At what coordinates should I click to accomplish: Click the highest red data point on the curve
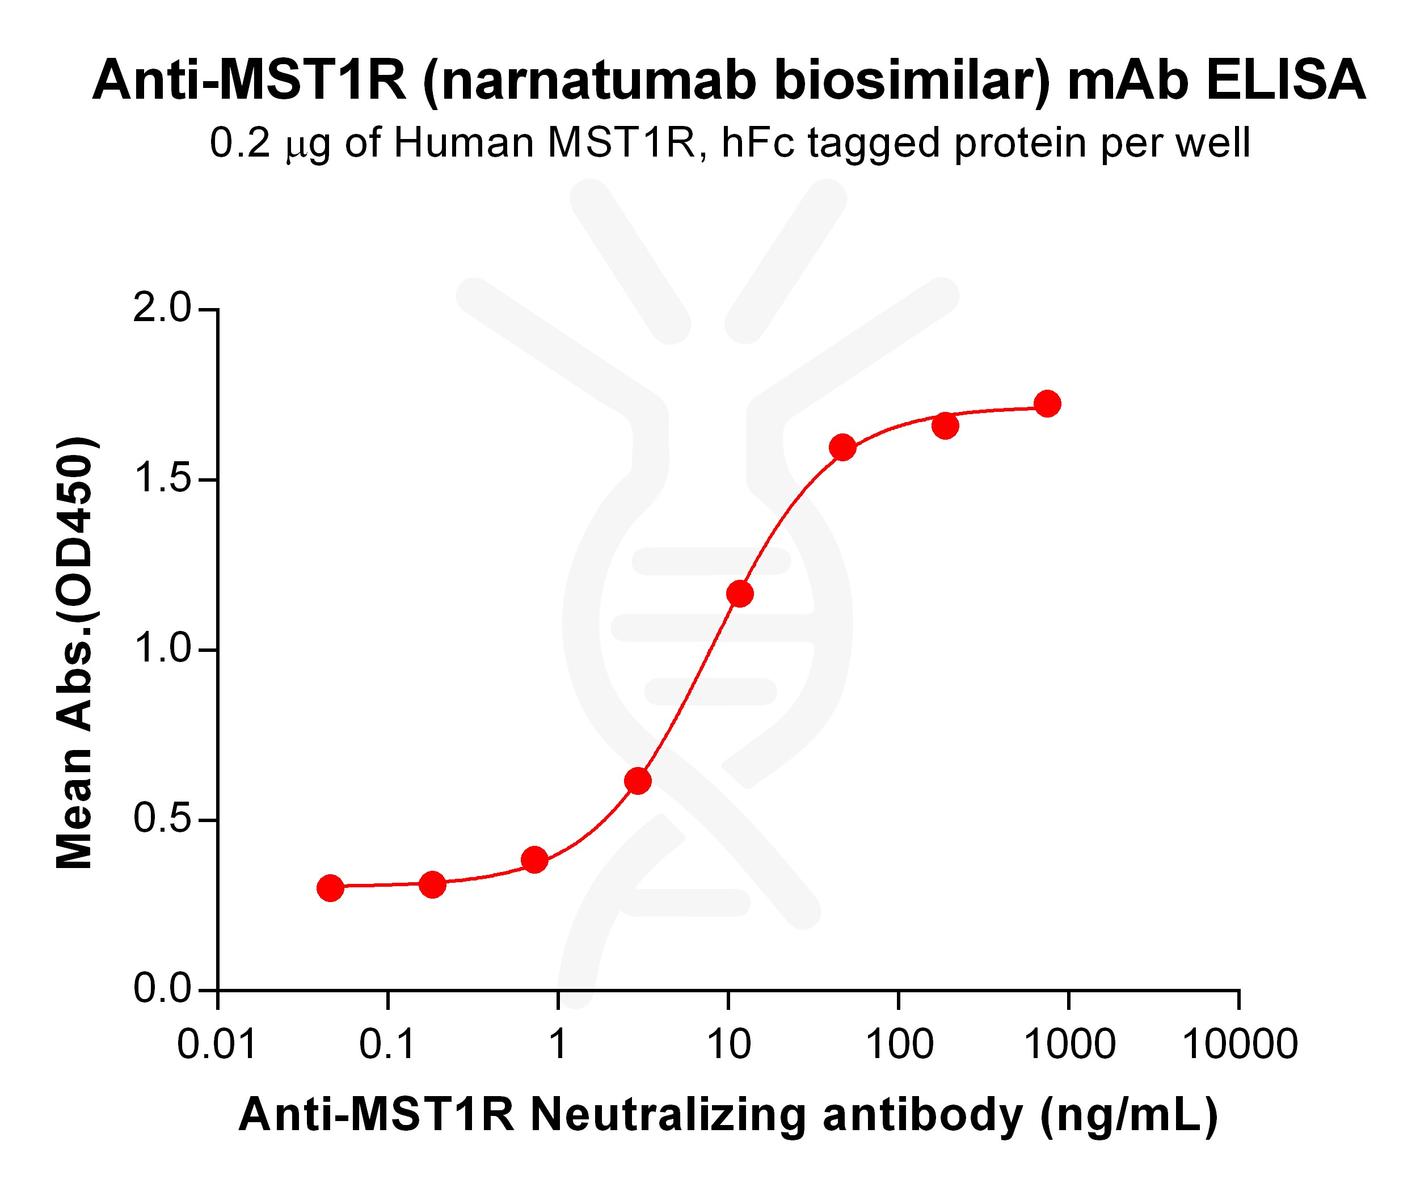pos(1047,404)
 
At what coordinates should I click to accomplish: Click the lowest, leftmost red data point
pos(330,888)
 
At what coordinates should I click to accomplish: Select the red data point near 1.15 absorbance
pos(740,594)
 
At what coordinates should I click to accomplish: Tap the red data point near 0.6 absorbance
pos(637,781)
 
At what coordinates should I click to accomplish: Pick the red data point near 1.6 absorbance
pos(843,447)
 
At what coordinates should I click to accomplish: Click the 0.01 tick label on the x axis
pos(217,1044)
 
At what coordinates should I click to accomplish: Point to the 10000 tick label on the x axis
pos(1240,1044)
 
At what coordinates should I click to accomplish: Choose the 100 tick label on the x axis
pos(899,1044)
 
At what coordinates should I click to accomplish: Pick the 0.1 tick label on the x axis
pos(387,1044)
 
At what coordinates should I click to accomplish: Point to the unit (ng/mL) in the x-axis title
pos(1130,1116)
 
